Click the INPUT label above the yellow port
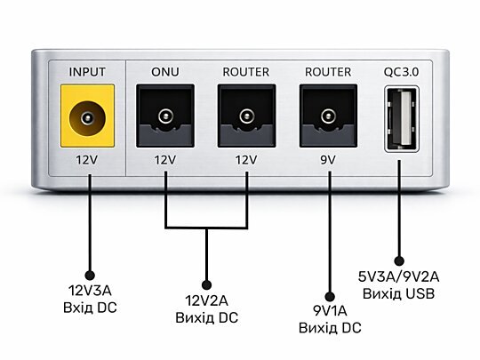coord(87,72)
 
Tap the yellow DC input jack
coord(87,116)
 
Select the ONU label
coord(165,72)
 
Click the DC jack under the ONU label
coord(165,116)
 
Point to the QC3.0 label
coord(401,72)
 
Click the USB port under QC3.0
coord(402,119)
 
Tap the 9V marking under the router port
coord(328,160)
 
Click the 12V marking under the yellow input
coord(87,160)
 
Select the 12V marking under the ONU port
coord(165,160)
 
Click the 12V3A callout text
coord(90,291)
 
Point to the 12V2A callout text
coord(206,301)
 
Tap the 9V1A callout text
coord(330,311)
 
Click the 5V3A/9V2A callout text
coord(398,277)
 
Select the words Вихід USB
coord(398,294)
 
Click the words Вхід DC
coord(90,308)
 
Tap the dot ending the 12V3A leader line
coord(90,276)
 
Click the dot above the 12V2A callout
coord(207,285)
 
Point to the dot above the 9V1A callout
coord(330,296)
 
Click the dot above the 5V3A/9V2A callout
coord(399,260)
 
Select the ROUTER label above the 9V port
coord(328,72)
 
